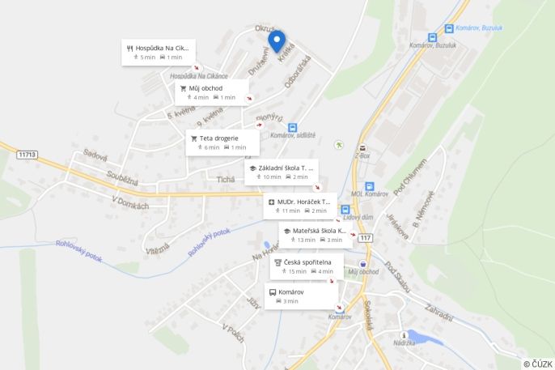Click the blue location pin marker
[277, 40]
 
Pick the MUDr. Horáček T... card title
[303, 201]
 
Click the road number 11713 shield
[28, 154]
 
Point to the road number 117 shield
[366, 237]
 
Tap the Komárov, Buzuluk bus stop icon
[434, 37]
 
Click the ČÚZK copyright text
[537, 364]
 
